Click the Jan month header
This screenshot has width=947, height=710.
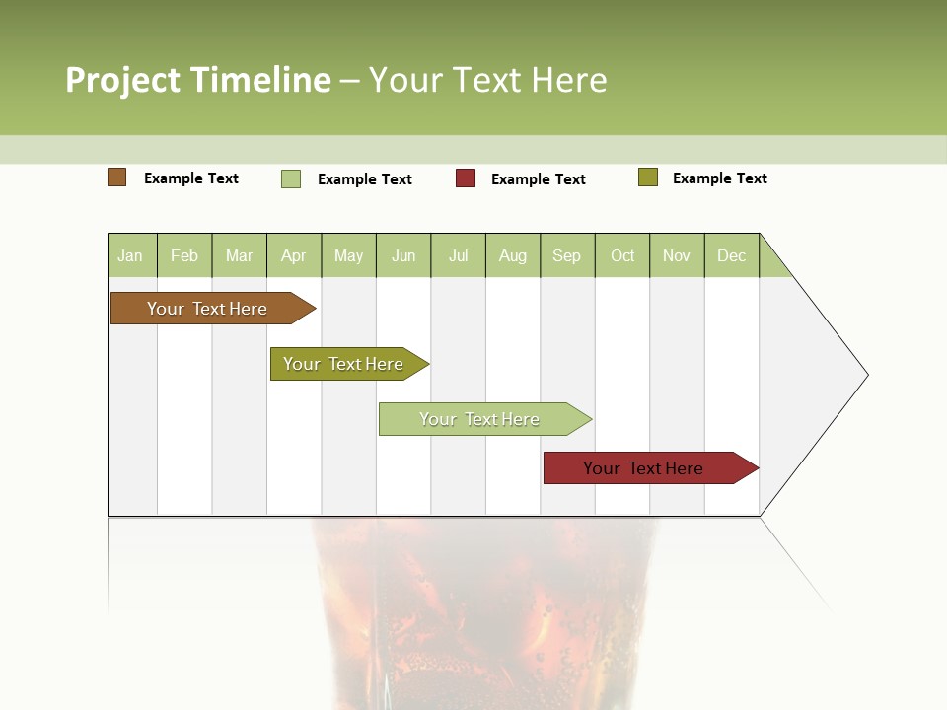(130, 256)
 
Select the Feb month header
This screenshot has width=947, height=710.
(184, 256)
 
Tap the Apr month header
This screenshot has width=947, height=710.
(294, 256)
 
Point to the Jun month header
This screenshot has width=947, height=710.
(403, 256)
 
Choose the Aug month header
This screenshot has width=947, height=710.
(513, 256)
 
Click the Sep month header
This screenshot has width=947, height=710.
(567, 256)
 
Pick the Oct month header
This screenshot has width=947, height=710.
(622, 256)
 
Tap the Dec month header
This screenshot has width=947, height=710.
(732, 256)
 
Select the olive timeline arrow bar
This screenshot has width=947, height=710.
(345, 364)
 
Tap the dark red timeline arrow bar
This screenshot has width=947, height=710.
(646, 468)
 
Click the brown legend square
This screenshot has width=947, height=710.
(117, 177)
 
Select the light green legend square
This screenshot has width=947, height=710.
(291, 178)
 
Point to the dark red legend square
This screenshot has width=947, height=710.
(466, 178)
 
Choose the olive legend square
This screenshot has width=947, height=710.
(648, 177)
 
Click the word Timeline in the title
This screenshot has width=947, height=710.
(259, 80)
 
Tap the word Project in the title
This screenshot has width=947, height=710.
(123, 80)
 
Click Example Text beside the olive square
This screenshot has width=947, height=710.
(719, 178)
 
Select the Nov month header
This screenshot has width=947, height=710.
(677, 256)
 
